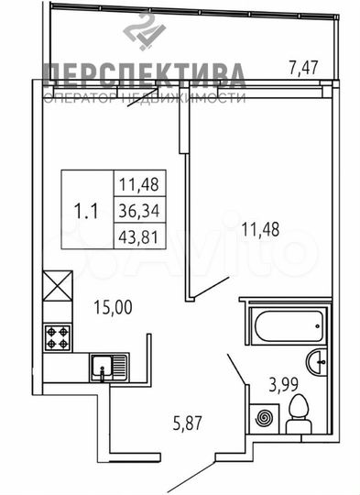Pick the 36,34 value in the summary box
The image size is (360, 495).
[136, 210]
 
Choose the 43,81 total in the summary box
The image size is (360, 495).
[136, 236]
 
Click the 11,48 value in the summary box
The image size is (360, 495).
[136, 183]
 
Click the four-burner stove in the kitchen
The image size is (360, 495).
[58, 336]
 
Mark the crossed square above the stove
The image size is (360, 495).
[57, 287]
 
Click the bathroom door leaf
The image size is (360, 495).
[235, 370]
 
